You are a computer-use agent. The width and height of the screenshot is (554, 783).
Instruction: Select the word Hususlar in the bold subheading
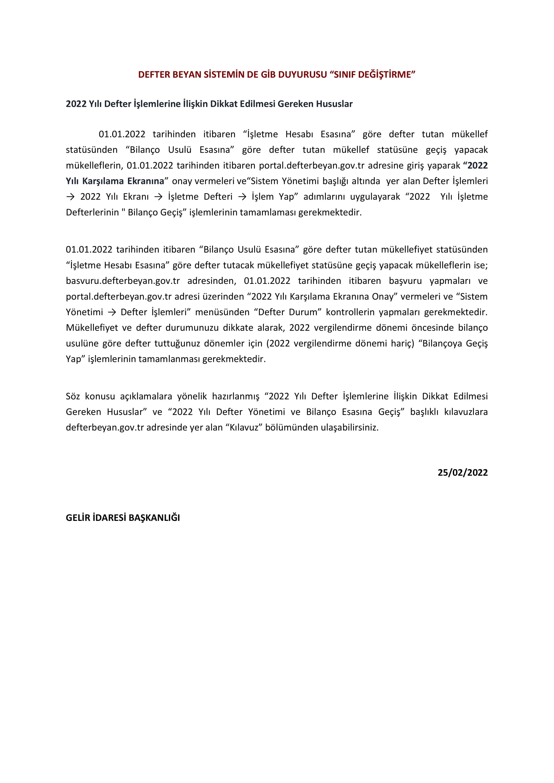[x=334, y=104]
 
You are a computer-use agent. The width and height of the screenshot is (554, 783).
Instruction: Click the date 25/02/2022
[x=463, y=472]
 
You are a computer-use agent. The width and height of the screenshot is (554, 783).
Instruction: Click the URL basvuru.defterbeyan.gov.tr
[x=123, y=281]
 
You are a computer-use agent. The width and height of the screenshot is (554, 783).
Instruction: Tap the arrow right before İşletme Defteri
[x=158, y=197]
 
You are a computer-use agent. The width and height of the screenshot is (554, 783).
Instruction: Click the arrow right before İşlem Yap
[x=242, y=197]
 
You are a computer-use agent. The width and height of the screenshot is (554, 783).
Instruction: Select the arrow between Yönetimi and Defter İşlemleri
[x=112, y=312]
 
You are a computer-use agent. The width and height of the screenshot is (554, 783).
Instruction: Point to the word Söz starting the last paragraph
[x=73, y=396]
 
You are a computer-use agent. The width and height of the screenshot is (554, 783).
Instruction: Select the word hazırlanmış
[x=235, y=396]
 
